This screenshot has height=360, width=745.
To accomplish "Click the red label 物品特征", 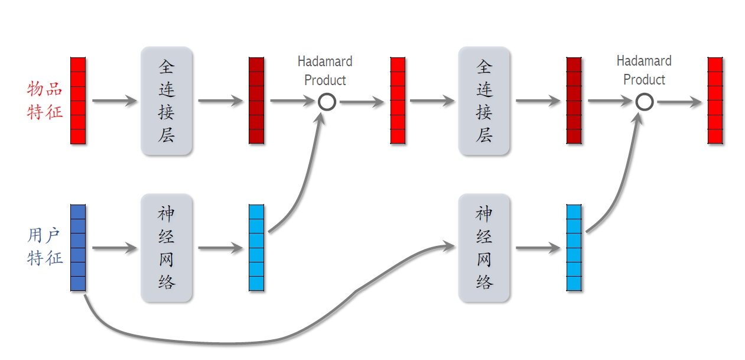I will pyautogui.click(x=45, y=100).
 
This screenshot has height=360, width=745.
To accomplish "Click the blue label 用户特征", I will pyautogui.click(x=45, y=247).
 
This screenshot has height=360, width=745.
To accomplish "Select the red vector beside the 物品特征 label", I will pyautogui.click(x=78, y=100).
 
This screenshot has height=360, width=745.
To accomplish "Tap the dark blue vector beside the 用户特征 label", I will pyautogui.click(x=78, y=248).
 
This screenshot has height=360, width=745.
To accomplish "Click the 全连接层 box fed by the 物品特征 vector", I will pyautogui.click(x=167, y=101).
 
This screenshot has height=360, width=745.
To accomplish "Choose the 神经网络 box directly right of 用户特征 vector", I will pyautogui.click(x=167, y=248).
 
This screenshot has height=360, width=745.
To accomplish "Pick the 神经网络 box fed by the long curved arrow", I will pyautogui.click(x=484, y=248).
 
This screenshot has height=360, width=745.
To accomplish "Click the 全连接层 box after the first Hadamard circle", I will pyautogui.click(x=484, y=101).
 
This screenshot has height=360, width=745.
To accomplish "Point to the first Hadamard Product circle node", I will pyautogui.click(x=327, y=102).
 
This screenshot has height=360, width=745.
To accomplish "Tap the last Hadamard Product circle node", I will pyautogui.click(x=645, y=102).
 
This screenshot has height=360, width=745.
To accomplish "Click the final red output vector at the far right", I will pyautogui.click(x=715, y=100).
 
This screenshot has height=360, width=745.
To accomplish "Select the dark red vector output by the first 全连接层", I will pyautogui.click(x=256, y=100).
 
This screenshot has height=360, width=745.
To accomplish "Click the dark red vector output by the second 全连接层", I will pyautogui.click(x=574, y=100).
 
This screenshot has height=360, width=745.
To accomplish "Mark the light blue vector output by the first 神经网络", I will pyautogui.click(x=256, y=248).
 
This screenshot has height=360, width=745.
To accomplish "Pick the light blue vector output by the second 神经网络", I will pyautogui.click(x=574, y=248).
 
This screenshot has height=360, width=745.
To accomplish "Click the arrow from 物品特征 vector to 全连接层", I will pyautogui.click(x=114, y=101).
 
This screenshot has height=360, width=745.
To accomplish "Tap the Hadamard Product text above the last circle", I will pyautogui.click(x=644, y=70).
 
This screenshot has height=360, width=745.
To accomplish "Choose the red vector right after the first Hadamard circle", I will pyautogui.click(x=398, y=100).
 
